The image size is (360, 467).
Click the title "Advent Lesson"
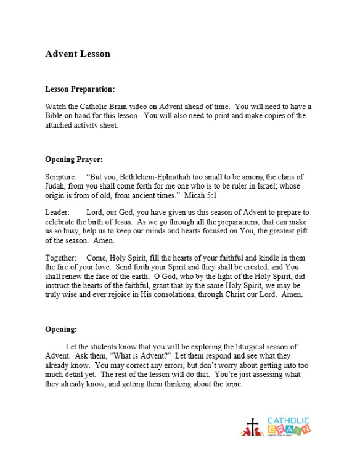[x=78, y=54]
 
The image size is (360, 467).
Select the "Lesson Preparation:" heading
[x=80, y=89]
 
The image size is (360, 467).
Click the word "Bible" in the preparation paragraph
[x=55, y=116]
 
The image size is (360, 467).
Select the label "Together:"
[x=60, y=258]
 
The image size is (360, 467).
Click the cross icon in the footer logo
[x=252, y=426]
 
